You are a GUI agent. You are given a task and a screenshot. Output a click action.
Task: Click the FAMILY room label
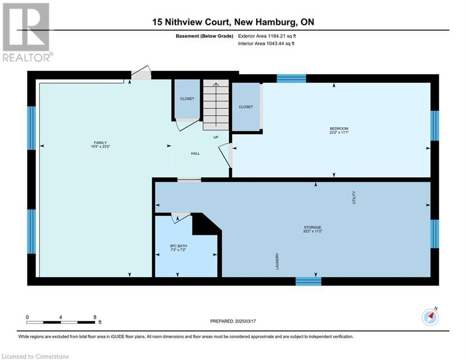[x=100, y=143]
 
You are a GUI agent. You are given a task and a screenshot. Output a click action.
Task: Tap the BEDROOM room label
[x=339, y=128]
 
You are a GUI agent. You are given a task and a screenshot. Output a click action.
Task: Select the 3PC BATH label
[x=178, y=246]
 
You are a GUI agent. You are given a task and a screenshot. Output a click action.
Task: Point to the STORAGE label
[x=312, y=227]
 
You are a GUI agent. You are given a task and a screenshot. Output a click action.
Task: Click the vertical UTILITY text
[x=354, y=197]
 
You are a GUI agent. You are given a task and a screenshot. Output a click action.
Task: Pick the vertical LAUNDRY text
[x=277, y=261]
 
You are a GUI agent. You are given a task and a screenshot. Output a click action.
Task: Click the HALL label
[x=195, y=154]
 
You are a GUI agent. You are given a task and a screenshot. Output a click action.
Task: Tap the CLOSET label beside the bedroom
[x=246, y=107]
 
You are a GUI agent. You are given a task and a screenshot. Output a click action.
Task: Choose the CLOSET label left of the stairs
[x=187, y=99]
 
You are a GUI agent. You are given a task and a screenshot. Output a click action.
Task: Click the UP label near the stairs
[x=216, y=137]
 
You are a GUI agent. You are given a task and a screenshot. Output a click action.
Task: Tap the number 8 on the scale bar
[x=95, y=317]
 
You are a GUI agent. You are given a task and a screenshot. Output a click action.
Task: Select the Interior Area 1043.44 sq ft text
[x=266, y=44]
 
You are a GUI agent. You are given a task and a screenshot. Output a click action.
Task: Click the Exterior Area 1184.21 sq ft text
[x=267, y=36]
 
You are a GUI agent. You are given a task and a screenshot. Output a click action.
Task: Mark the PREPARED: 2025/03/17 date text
[x=233, y=321]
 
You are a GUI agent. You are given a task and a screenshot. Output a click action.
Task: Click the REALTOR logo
[x=26, y=32]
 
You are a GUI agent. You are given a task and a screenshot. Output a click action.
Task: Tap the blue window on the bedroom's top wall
[x=291, y=79]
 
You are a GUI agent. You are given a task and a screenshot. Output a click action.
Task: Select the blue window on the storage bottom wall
[x=308, y=281]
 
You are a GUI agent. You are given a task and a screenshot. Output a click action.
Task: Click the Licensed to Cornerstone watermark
[x=35, y=356]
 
